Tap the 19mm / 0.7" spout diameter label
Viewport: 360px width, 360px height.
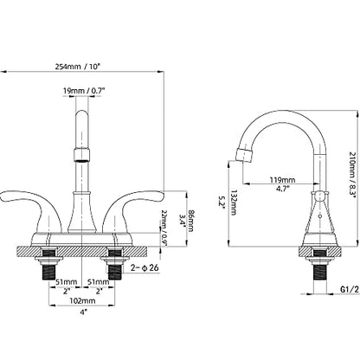84,91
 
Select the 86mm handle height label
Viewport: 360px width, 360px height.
190,220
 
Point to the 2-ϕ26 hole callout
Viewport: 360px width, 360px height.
145,267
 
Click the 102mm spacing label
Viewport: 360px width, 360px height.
82,300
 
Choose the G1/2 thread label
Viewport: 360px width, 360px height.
350,289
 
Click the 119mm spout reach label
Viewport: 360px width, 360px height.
282,180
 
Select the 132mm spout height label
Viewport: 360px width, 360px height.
233,202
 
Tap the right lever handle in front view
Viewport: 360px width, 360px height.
133,206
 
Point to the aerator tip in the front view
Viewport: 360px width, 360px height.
82,154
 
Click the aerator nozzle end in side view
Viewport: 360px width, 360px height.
245,155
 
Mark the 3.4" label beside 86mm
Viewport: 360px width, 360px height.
182,220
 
